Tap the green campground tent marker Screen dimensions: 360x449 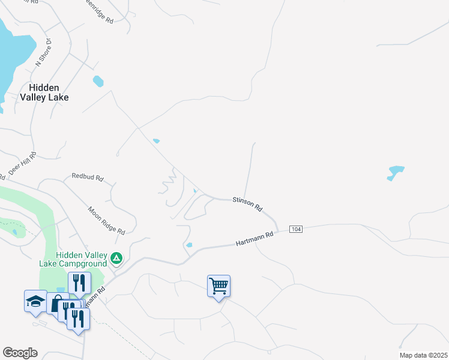(116, 259)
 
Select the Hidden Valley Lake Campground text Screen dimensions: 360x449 (73, 259)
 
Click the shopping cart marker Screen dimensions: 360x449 (219, 286)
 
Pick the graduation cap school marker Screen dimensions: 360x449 (35, 300)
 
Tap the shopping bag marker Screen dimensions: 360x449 (56, 303)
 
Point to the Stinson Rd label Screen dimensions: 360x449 (248, 204)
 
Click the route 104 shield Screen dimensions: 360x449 (295, 229)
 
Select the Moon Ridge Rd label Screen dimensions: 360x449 (106, 221)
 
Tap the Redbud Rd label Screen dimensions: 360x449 (88, 178)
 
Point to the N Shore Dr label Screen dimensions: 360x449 (44, 52)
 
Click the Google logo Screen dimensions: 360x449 (20, 353)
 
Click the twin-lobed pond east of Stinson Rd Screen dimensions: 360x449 (395, 172)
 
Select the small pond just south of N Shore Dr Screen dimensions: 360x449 (98, 81)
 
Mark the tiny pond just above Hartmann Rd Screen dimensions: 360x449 (189, 245)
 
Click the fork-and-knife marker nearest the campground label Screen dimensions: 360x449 (79, 282)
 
